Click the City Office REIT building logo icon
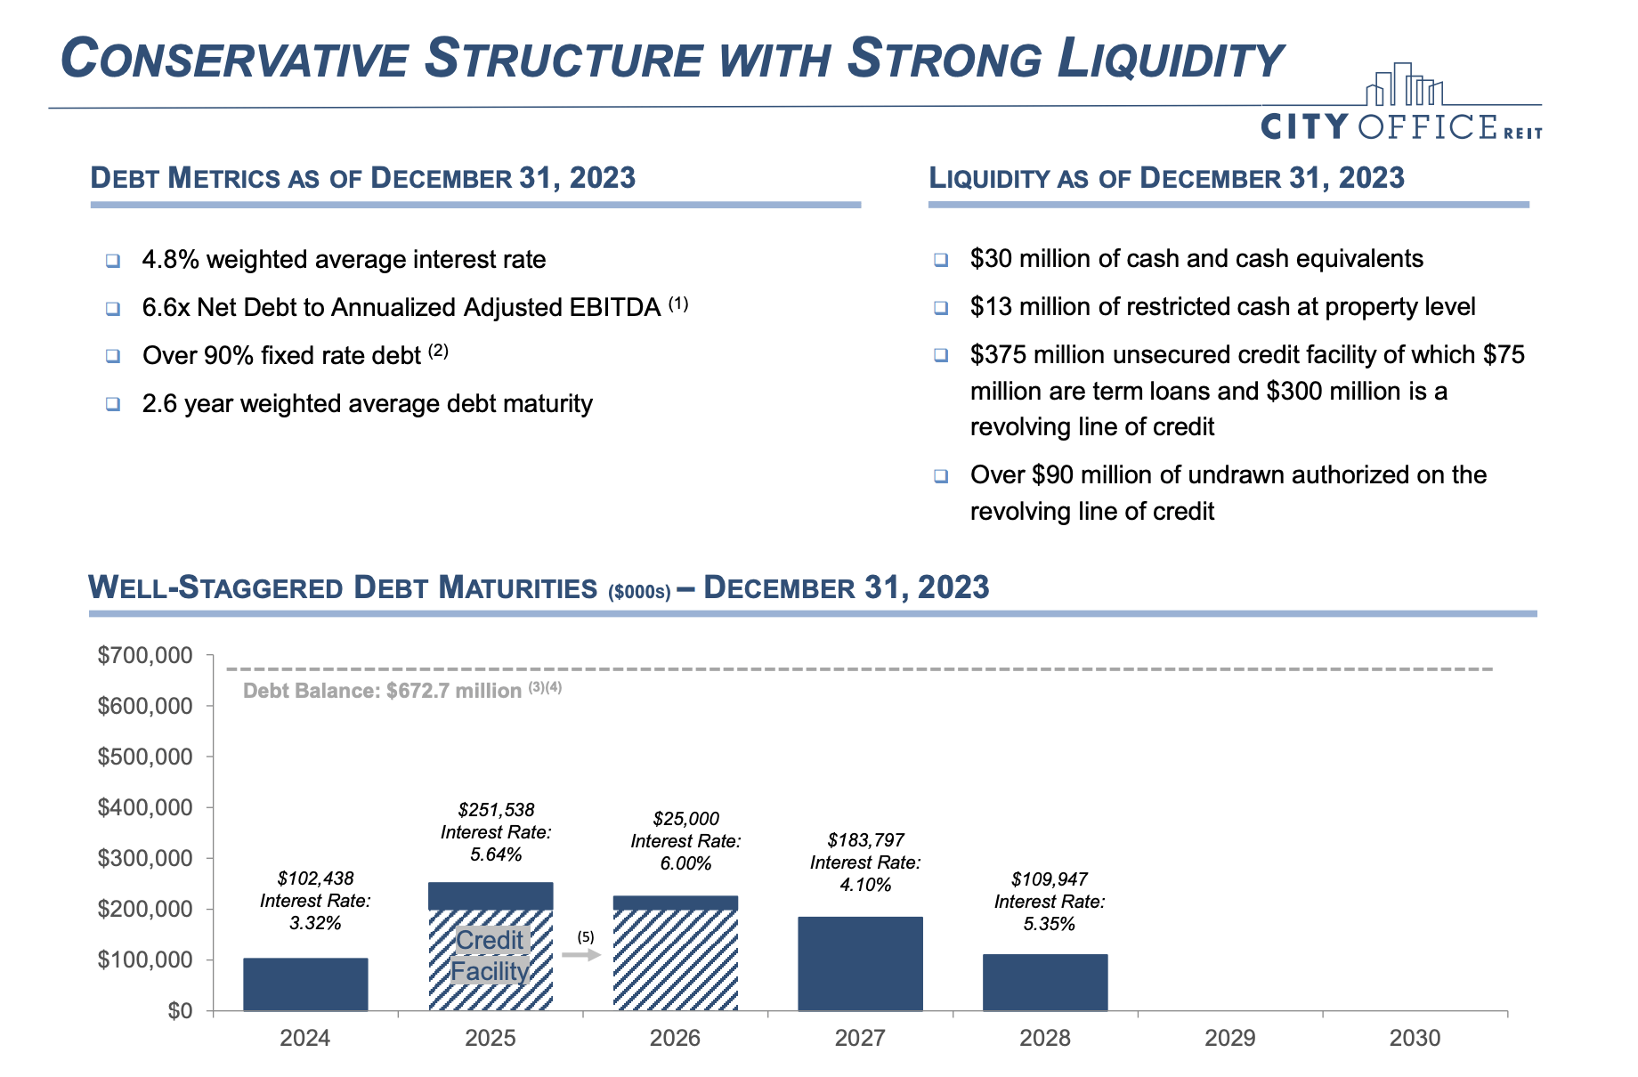1404,85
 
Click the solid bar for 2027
860,963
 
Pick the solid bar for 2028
1045,982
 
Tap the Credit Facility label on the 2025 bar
490,955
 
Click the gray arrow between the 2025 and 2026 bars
581,955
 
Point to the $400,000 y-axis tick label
145,807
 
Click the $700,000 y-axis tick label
145,656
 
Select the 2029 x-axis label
1229,1038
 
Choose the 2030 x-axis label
1415,1038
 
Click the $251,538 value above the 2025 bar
496,810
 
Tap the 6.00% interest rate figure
685,863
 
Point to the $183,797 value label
865,840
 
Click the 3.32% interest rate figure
315,923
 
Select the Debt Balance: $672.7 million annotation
383,691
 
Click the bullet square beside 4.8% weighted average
113,261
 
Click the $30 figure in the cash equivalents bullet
991,259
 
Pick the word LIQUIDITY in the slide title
1170,60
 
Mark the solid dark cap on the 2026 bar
675,903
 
